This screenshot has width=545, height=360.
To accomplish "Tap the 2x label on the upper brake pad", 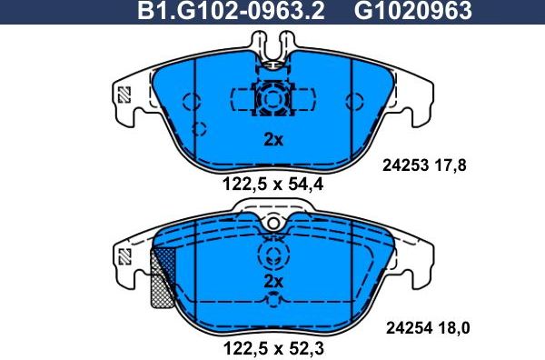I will pyautogui.click(x=273, y=140).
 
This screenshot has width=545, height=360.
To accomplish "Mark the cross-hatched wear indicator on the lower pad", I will pyautogui.click(x=160, y=278).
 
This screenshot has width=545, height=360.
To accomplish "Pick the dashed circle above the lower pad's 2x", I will pyautogui.click(x=272, y=253).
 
